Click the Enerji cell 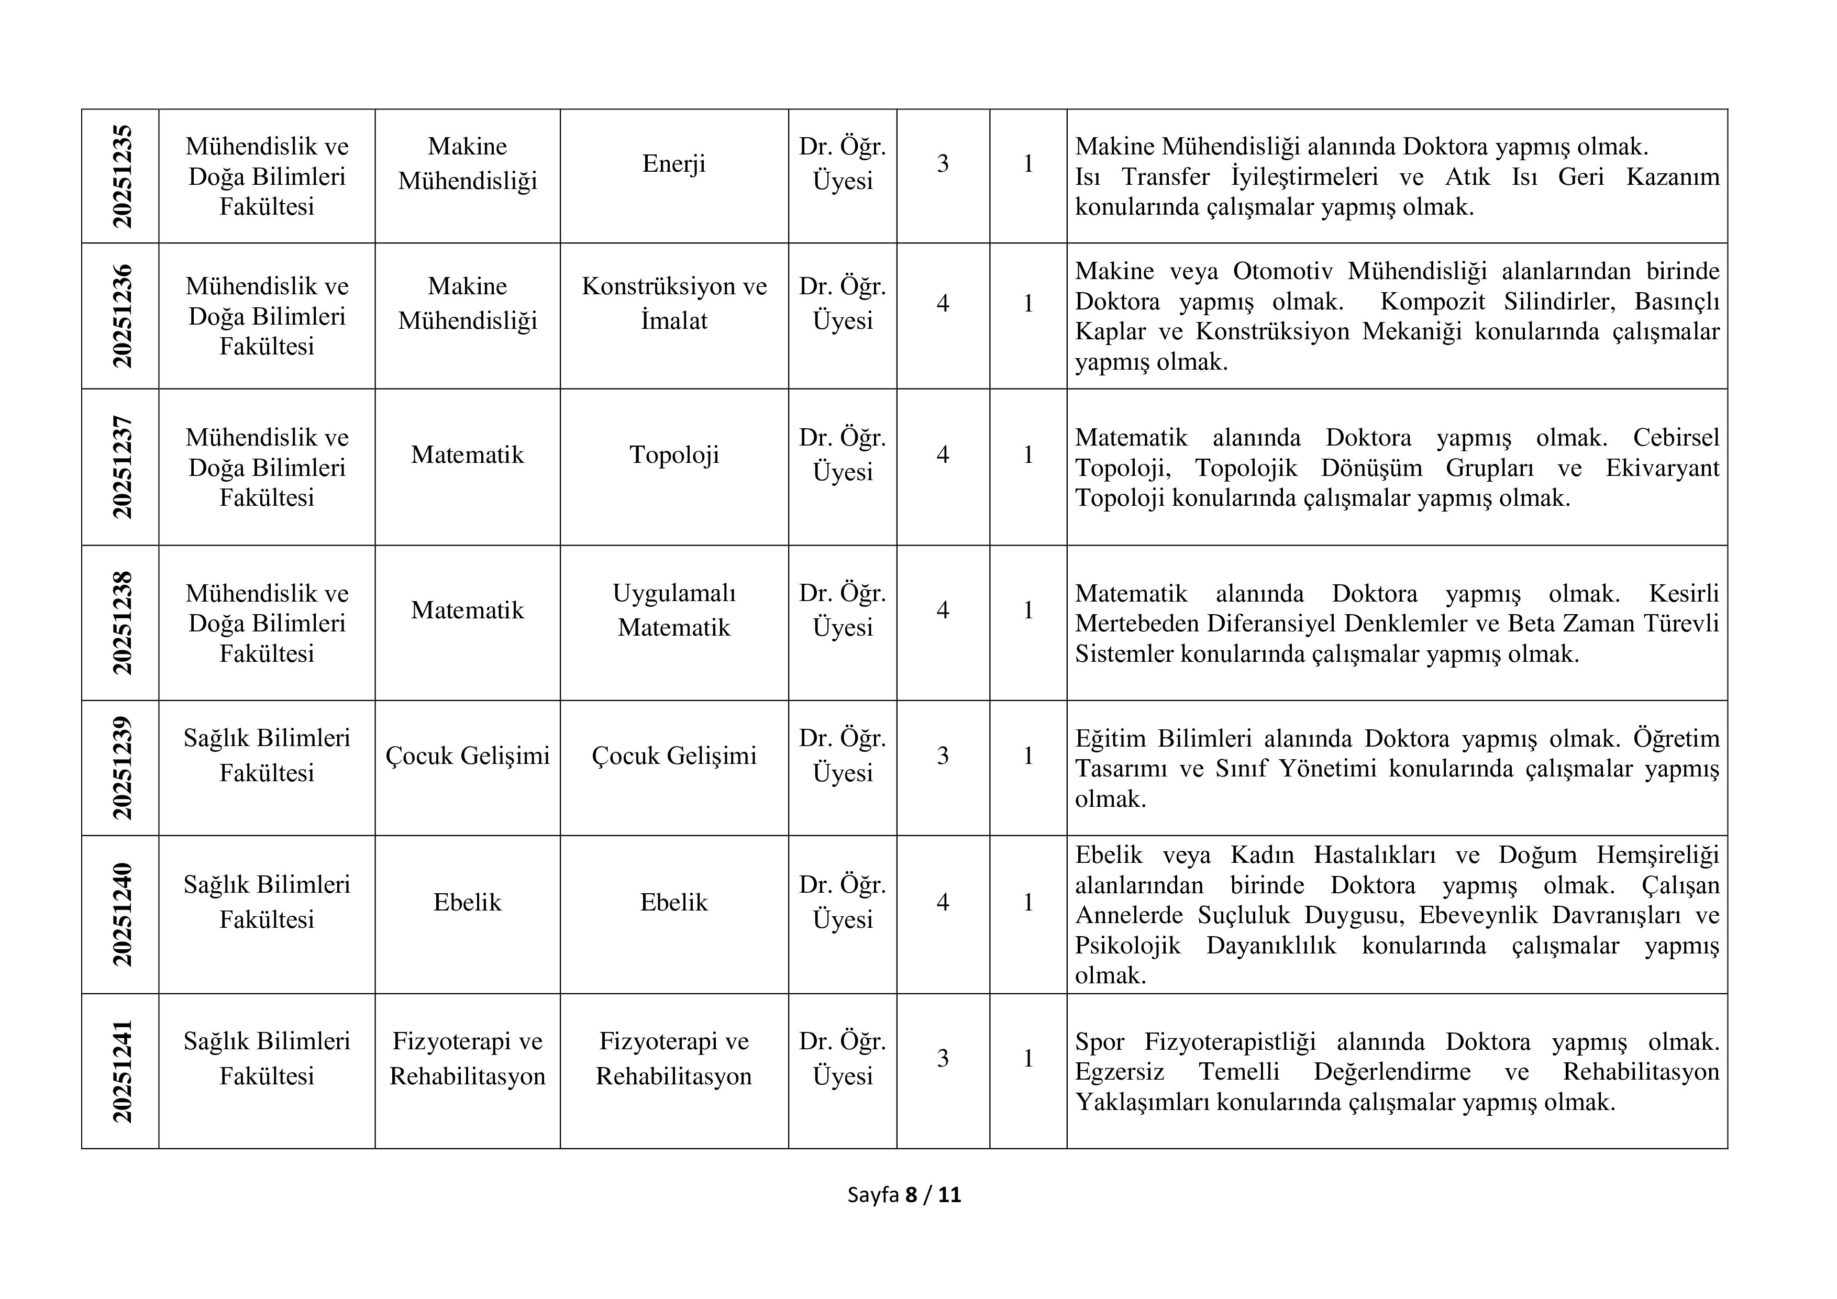click(x=673, y=164)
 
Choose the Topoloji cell click(x=673, y=454)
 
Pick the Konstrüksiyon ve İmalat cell click(x=673, y=303)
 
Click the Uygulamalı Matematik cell click(x=673, y=609)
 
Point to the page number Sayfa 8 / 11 click(x=904, y=1195)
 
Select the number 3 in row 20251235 click(x=943, y=164)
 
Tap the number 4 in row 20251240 click(x=943, y=902)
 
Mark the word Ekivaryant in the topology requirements click(x=1662, y=468)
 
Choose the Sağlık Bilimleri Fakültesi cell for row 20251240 click(x=267, y=902)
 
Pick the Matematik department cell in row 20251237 click(x=467, y=454)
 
